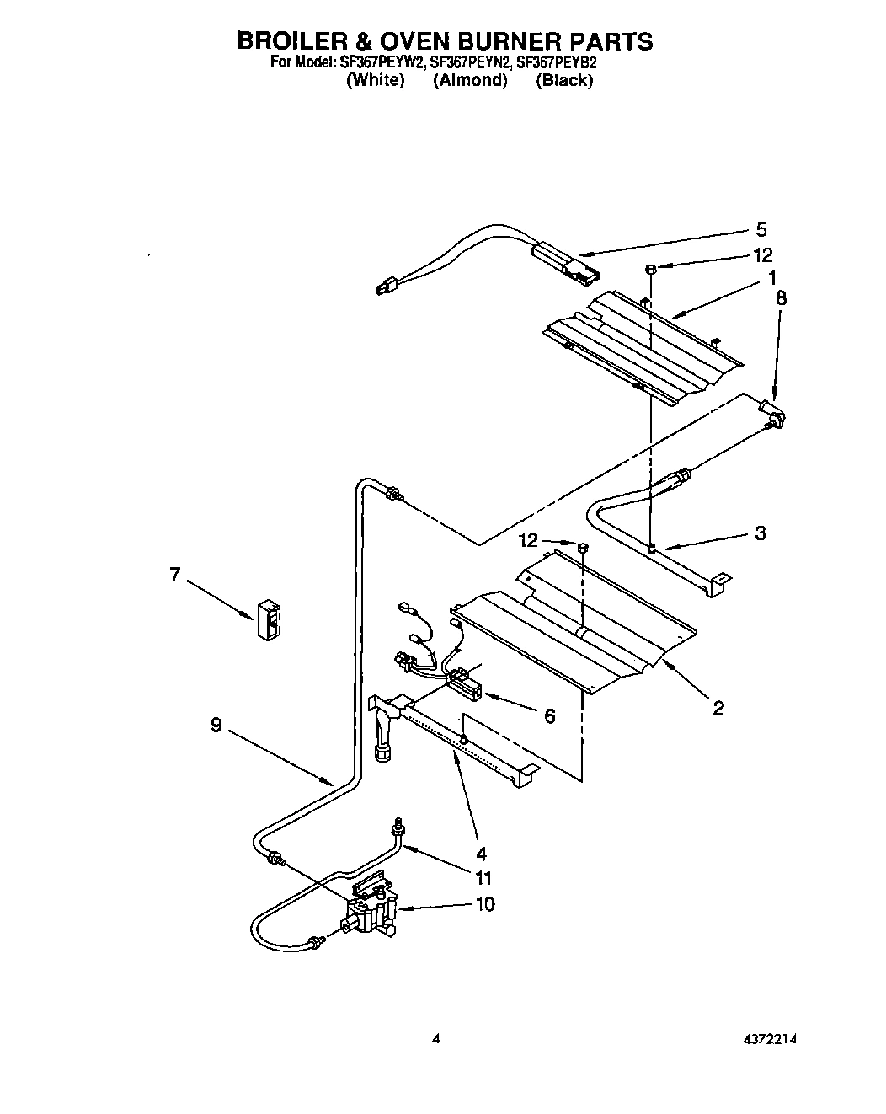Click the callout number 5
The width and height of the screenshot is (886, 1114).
(x=761, y=229)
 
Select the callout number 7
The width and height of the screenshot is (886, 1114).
(x=175, y=575)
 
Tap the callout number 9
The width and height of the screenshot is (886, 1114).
(x=216, y=725)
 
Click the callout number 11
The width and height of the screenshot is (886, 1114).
(x=483, y=878)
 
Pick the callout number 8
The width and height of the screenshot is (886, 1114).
(x=781, y=297)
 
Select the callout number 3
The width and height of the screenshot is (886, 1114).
(x=760, y=533)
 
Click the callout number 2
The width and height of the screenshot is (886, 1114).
(x=718, y=708)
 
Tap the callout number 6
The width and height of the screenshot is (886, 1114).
(x=549, y=715)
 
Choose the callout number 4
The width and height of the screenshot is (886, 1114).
(x=482, y=851)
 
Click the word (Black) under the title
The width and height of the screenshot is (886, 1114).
(x=564, y=81)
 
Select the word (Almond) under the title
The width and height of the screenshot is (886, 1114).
(x=470, y=81)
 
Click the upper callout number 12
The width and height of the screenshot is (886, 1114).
(x=762, y=254)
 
